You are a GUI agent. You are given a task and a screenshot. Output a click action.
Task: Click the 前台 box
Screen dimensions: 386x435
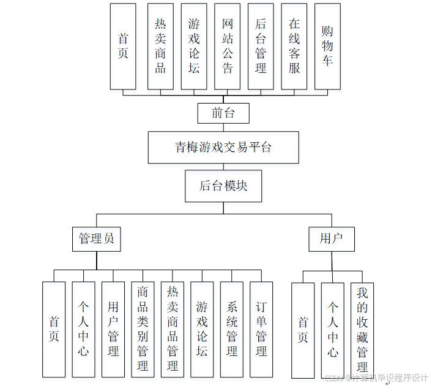(224, 113)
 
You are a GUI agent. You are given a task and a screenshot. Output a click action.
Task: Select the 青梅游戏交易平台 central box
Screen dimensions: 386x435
(223, 147)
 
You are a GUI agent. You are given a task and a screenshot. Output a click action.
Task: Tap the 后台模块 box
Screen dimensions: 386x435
(223, 186)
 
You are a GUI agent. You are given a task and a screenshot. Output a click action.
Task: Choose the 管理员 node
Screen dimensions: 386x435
(97, 238)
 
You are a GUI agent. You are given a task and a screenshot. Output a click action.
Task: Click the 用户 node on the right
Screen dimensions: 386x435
(332, 238)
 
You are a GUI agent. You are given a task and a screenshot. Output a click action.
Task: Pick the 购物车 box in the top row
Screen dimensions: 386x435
(327, 46)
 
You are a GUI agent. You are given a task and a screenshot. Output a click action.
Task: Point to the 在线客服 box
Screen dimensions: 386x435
(294, 46)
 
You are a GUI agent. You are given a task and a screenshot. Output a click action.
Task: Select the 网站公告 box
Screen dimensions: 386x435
(228, 46)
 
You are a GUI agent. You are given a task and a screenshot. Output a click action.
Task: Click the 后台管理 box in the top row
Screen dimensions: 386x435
(261, 46)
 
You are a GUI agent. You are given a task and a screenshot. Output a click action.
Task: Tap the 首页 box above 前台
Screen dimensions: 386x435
(123, 46)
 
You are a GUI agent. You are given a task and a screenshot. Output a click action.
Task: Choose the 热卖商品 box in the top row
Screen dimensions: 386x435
(160, 46)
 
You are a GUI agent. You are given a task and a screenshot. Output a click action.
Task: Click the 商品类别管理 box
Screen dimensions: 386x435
(143, 329)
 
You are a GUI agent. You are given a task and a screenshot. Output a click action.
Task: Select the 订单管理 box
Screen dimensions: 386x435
(261, 329)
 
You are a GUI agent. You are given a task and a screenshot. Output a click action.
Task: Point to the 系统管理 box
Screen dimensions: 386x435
(232, 329)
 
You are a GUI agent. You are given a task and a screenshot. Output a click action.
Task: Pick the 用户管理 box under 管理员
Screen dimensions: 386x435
(113, 329)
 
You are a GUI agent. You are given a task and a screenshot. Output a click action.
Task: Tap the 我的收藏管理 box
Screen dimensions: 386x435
(362, 329)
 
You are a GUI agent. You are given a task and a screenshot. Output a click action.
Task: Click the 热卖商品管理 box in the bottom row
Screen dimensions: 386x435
(173, 329)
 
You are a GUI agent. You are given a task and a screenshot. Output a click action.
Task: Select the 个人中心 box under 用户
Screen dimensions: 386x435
(332, 329)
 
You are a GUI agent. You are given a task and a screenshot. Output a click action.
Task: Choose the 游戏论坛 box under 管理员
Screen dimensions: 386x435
(202, 329)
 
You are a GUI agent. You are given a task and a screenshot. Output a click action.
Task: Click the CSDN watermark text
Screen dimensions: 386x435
(376, 378)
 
